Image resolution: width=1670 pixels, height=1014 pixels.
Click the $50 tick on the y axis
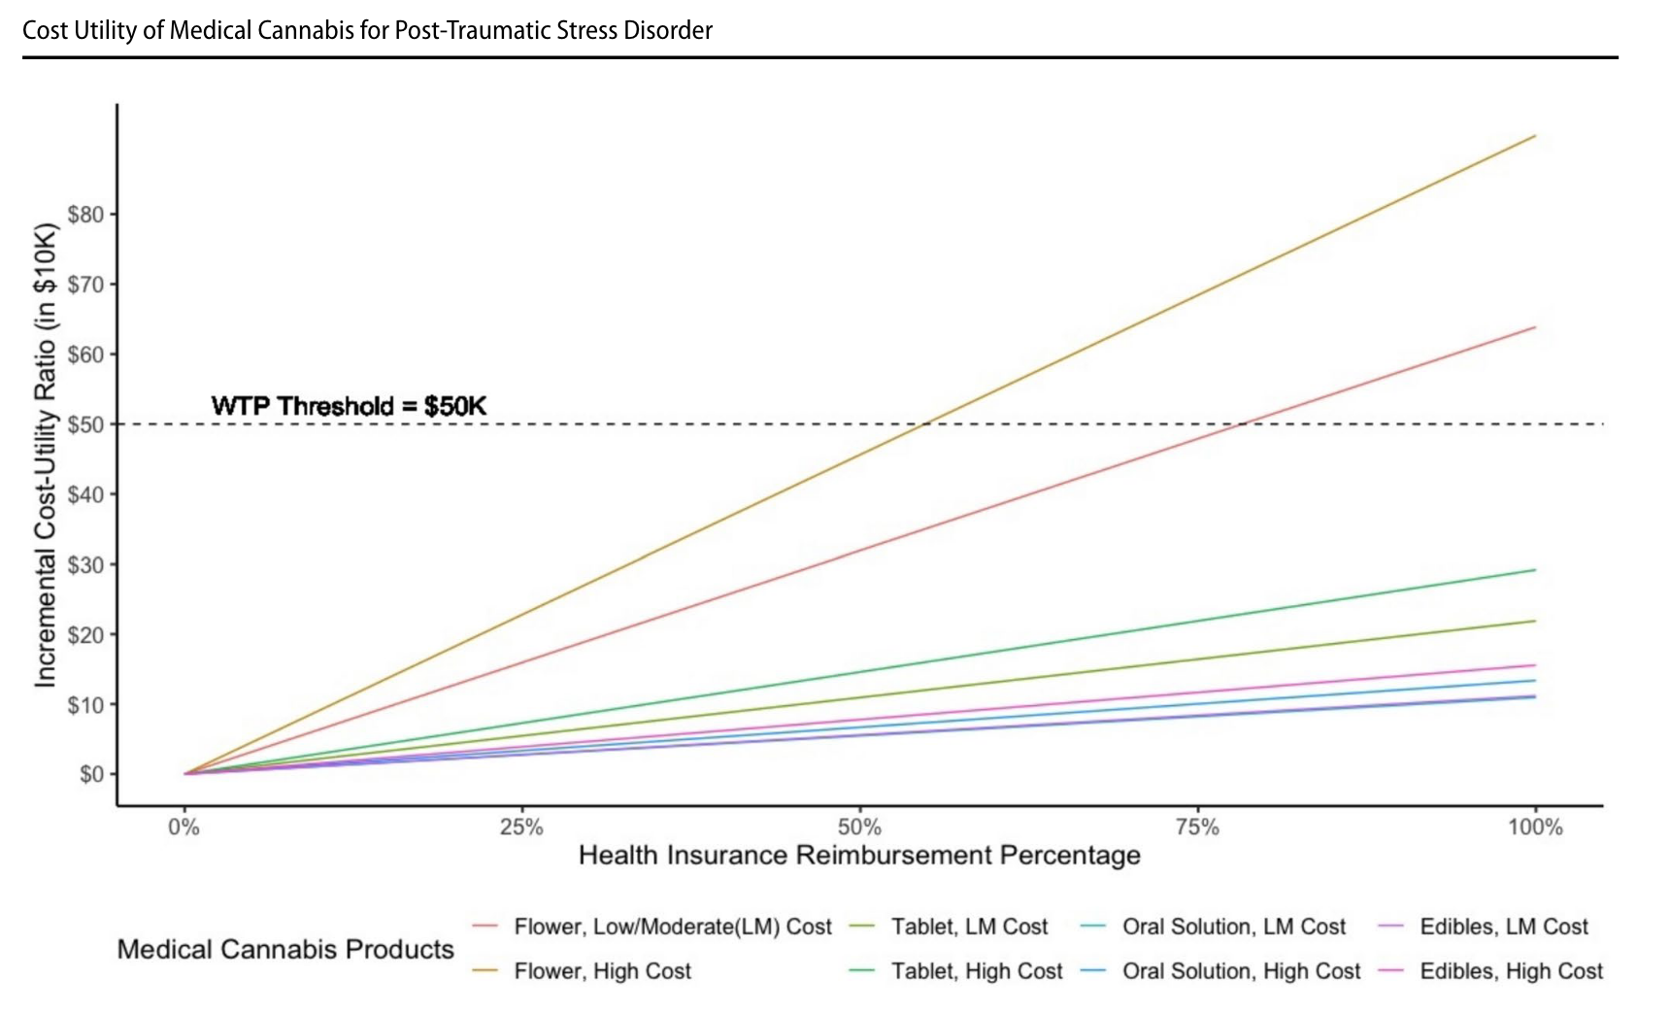click(86, 424)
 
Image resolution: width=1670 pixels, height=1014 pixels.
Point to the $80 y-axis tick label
click(86, 215)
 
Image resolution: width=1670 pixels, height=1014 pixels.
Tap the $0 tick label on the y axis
click(91, 774)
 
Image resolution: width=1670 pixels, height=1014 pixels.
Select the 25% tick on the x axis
click(521, 828)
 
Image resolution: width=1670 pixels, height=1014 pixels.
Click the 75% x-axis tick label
click(1197, 828)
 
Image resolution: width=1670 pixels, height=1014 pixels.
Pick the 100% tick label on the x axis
click(1535, 828)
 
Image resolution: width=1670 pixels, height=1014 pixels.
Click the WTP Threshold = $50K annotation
click(349, 406)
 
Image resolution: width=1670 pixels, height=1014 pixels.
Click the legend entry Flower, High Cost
click(602, 971)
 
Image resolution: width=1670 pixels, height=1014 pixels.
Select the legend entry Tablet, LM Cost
click(969, 927)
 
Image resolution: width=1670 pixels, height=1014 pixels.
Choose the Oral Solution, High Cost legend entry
click(1241, 971)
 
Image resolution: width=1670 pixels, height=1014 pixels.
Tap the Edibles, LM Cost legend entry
click(1503, 927)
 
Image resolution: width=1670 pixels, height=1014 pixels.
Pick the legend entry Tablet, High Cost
click(977, 971)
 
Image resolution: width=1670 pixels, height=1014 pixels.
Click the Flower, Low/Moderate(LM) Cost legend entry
click(673, 927)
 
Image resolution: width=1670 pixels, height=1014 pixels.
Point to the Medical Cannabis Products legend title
click(285, 949)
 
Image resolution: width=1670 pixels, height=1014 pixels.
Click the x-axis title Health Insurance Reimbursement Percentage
click(859, 856)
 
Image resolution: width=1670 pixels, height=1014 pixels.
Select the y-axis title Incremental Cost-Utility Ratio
click(45, 456)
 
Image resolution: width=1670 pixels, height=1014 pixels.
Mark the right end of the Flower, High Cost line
click(1535, 136)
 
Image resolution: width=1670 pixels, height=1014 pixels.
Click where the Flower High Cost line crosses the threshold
click(925, 424)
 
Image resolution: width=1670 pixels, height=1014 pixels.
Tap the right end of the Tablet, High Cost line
click(1535, 570)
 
